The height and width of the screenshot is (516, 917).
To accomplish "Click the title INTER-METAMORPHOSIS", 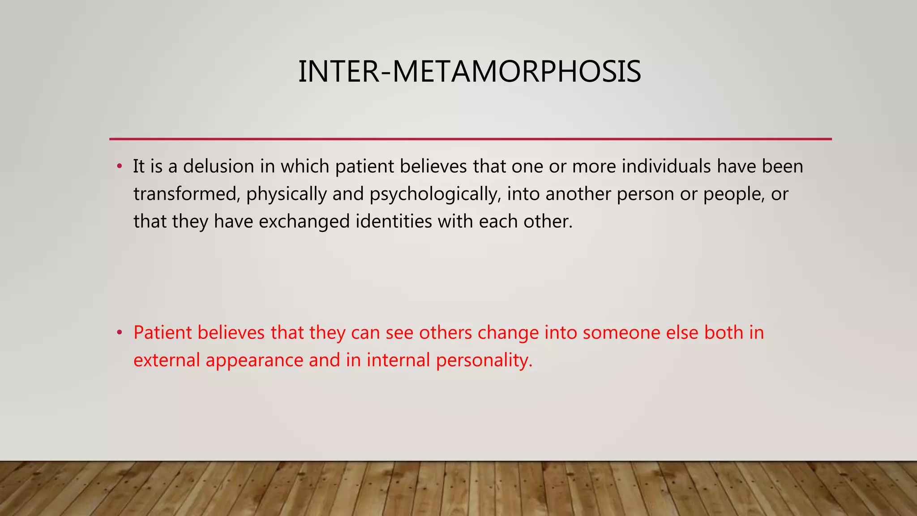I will pos(469,72).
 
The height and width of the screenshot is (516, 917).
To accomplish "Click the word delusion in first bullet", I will pos(219,166).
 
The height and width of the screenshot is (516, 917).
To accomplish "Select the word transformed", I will pos(186,194).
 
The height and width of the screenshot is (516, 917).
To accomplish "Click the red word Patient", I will pos(162,333).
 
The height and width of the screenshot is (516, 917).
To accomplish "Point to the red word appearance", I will pos(254,361).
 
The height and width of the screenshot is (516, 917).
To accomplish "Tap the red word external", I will pos(167,360).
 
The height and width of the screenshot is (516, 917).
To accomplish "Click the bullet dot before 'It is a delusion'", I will pos(119,167).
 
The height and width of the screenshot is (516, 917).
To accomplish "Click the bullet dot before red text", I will pos(119,333).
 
